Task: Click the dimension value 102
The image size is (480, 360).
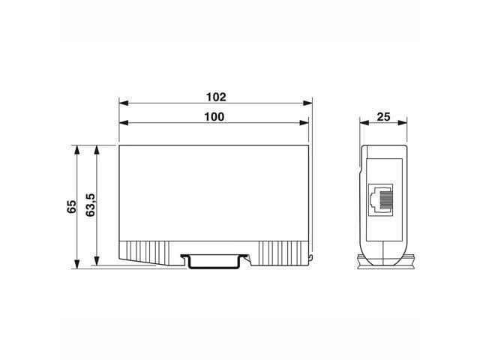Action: (216, 97)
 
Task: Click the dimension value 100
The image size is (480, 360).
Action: (214, 116)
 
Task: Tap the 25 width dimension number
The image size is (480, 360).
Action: (383, 116)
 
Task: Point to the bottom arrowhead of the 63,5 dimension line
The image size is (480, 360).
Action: (96, 262)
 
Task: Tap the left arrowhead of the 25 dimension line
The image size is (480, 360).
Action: (362, 124)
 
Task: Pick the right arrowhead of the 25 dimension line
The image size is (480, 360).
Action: (403, 124)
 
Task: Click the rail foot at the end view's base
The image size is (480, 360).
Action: (383, 261)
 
